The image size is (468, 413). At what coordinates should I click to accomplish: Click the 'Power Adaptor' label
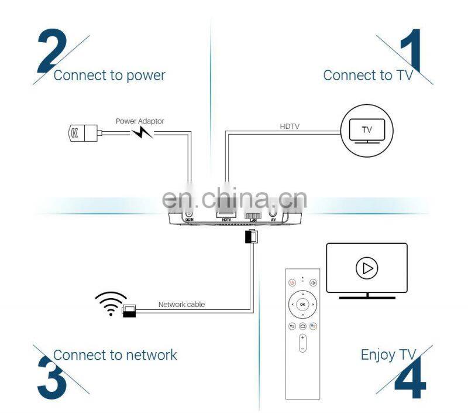140,121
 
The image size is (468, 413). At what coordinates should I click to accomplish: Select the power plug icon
82,133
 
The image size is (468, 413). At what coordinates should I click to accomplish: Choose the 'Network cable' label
181,305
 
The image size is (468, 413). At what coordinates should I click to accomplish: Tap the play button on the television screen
366,268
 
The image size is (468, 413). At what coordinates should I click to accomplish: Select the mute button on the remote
313,282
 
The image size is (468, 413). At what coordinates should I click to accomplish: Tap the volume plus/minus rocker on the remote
302,343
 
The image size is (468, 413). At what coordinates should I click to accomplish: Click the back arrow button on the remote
292,326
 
